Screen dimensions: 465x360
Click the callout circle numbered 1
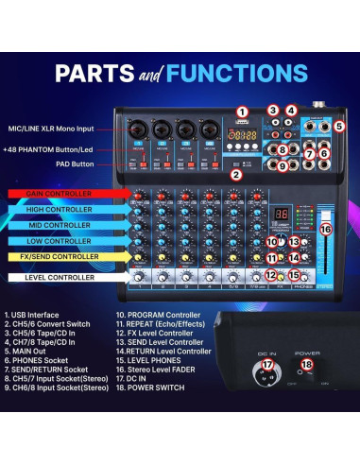click(243, 112)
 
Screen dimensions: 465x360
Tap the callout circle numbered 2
click(237, 173)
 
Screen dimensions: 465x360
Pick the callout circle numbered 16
click(325, 229)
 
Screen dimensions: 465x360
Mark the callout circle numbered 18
click(305, 364)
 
